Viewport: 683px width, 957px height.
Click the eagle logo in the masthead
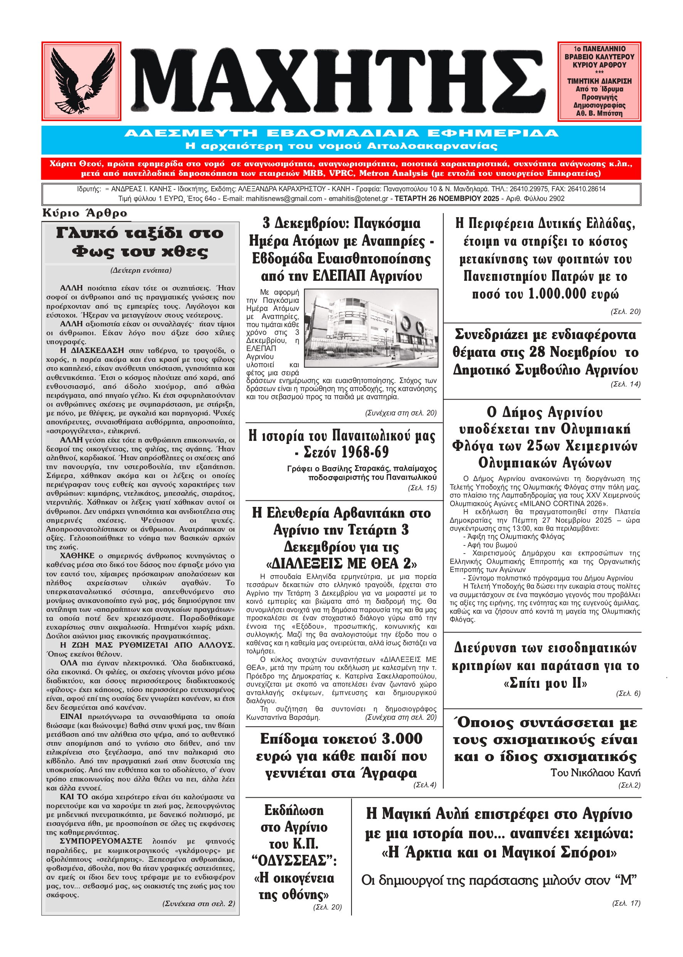[x=81, y=81]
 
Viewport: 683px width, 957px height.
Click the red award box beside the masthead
[x=599, y=81]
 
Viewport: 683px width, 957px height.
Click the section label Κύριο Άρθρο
[x=84, y=213]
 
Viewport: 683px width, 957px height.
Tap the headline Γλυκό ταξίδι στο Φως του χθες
[x=140, y=242]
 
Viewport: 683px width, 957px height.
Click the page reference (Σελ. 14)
[x=626, y=384]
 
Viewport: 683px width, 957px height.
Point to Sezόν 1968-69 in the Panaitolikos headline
[x=346, y=452]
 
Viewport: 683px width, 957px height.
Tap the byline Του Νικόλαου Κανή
[x=595, y=773]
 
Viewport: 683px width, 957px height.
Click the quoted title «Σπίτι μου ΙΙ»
[x=545, y=683]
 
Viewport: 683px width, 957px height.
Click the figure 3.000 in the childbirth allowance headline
[x=402, y=739]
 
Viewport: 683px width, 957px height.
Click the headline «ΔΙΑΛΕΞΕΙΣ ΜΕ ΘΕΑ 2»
[x=341, y=563]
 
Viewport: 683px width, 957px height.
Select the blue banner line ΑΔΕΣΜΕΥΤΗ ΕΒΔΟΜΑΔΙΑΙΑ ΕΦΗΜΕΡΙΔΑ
[x=341, y=133]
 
